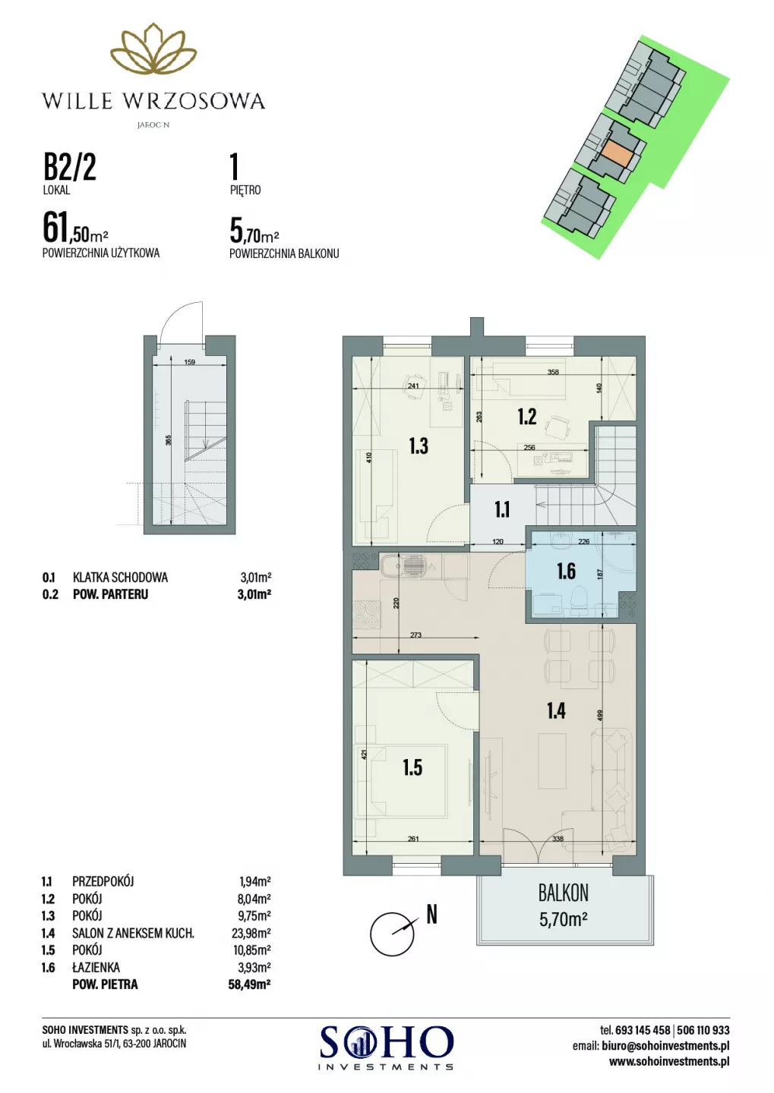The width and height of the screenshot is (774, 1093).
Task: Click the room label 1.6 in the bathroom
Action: (x=566, y=572)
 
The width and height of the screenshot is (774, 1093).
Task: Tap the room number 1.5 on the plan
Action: (x=412, y=767)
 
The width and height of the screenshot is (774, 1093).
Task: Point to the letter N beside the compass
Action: (x=431, y=914)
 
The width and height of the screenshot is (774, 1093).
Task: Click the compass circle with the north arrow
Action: (x=392, y=934)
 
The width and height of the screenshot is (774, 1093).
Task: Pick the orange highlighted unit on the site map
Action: (x=619, y=155)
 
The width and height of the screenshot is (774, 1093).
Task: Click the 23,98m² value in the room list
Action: (x=251, y=933)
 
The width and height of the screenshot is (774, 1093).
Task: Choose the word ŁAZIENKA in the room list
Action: (x=96, y=967)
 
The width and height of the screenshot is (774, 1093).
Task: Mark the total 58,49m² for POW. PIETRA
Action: (x=250, y=984)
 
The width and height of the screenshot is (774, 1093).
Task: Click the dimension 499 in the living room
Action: (x=600, y=715)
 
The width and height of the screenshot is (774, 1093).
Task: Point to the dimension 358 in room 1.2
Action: (x=553, y=372)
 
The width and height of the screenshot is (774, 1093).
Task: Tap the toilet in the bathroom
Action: (x=580, y=603)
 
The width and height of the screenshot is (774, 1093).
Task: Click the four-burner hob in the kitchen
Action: (x=366, y=613)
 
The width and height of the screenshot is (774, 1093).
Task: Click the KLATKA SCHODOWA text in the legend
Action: (x=120, y=577)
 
